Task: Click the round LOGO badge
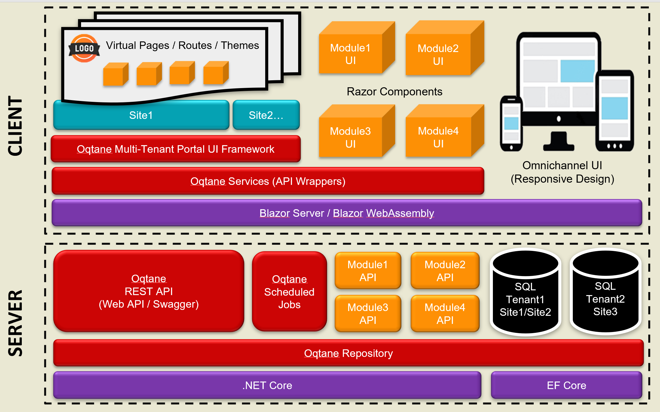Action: click(x=84, y=48)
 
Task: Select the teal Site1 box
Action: click(x=141, y=115)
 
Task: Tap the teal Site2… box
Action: click(x=266, y=115)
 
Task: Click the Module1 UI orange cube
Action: click(x=357, y=48)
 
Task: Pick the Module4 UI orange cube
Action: click(x=445, y=131)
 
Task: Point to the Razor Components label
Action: click(x=395, y=91)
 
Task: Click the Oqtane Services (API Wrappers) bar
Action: click(x=268, y=181)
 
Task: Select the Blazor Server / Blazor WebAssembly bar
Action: click(x=347, y=213)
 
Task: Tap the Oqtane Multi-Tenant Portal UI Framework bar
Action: click(x=175, y=149)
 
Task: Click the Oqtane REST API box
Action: click(x=149, y=291)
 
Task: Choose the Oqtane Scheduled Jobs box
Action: click(x=289, y=291)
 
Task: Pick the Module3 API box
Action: click(x=368, y=314)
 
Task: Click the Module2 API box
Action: click(x=445, y=270)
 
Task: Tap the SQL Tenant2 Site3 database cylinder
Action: click(x=606, y=291)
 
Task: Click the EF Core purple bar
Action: click(x=566, y=385)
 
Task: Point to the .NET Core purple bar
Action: click(x=267, y=385)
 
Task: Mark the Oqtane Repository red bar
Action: click(x=348, y=353)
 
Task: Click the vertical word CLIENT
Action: click(x=15, y=126)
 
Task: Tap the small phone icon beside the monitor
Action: click(x=511, y=123)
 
